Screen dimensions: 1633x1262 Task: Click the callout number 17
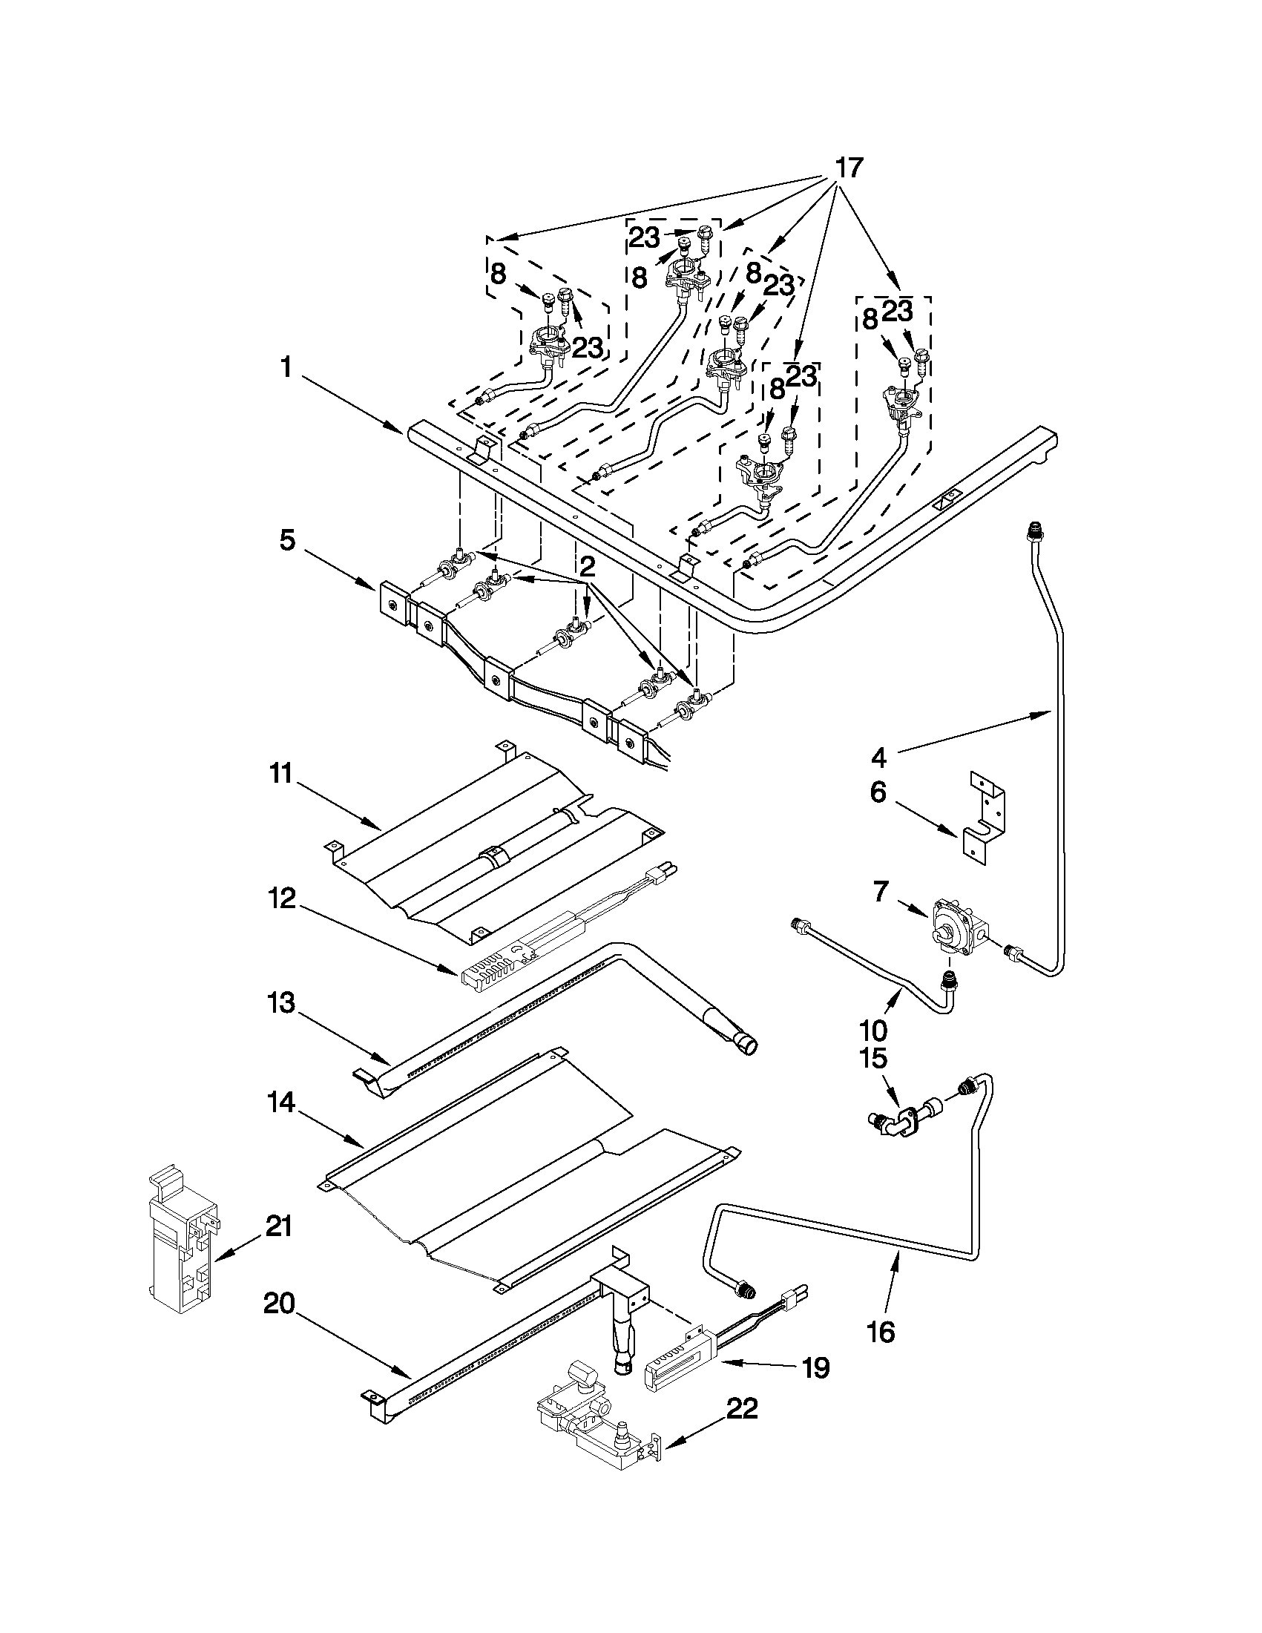coord(849,169)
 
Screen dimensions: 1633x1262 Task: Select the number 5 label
coord(288,539)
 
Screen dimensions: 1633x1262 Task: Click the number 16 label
coord(883,1332)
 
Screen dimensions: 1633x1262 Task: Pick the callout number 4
coord(879,758)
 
